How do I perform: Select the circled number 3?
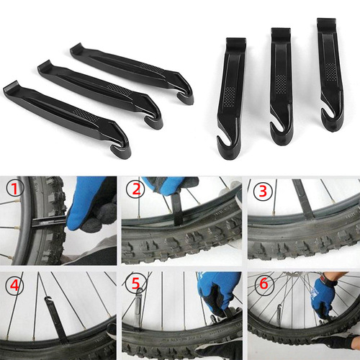click(261, 191)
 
